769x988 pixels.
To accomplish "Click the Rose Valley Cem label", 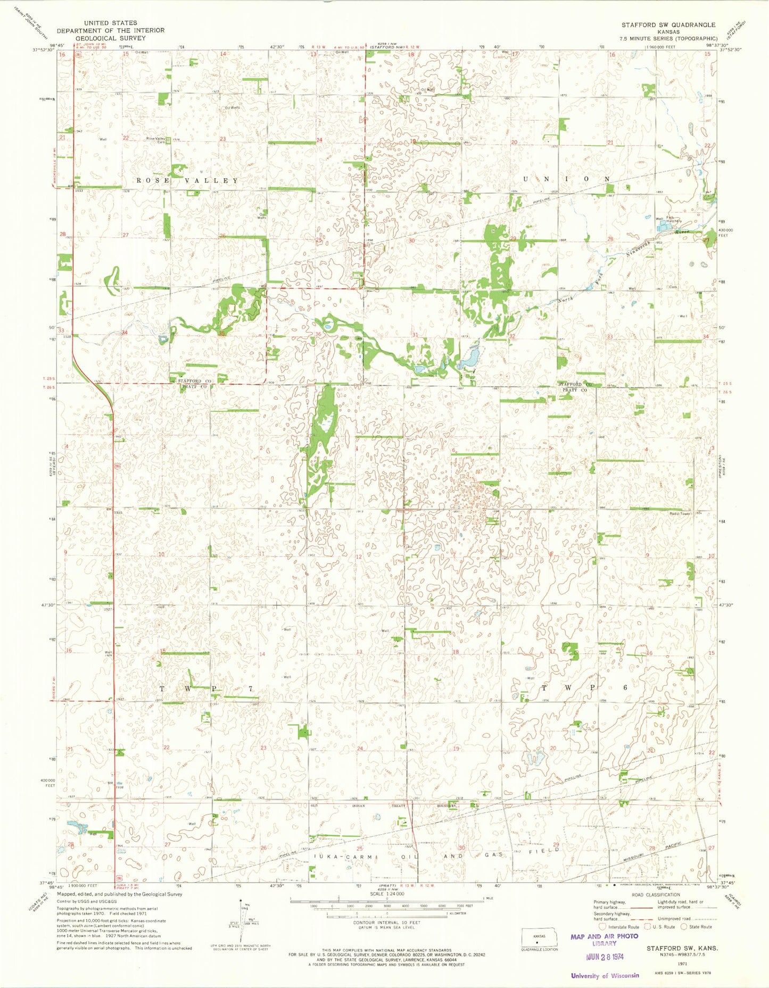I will click(x=156, y=140).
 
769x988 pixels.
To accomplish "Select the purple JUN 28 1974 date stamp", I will click(x=605, y=956).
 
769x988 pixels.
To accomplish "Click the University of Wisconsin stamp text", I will click(x=605, y=975).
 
